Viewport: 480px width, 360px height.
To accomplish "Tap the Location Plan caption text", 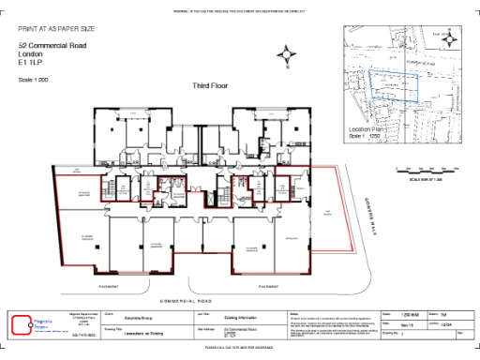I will (x=367, y=129).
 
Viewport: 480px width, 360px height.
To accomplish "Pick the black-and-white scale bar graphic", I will (x=427, y=170).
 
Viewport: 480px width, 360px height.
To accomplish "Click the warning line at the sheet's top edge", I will (x=240, y=10).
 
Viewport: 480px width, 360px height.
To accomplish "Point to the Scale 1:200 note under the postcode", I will (x=33, y=79).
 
